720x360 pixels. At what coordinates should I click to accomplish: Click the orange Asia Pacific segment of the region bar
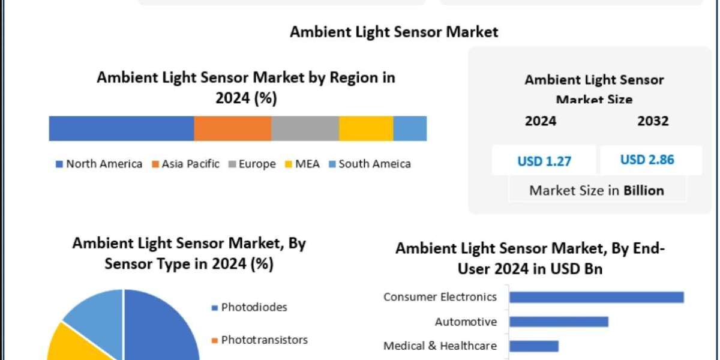(232, 128)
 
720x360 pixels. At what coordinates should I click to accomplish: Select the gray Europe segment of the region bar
(305, 128)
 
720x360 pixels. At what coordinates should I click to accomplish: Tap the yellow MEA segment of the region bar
(366, 128)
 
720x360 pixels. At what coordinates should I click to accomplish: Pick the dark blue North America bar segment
(121, 128)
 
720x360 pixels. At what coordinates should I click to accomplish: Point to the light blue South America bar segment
(410, 128)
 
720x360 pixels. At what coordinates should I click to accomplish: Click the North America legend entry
(99, 164)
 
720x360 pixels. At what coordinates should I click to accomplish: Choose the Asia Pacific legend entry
(185, 164)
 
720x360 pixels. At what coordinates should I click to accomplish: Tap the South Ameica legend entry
(370, 164)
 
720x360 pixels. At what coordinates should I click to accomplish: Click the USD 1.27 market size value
(544, 161)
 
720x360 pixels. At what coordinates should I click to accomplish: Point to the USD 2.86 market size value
(647, 160)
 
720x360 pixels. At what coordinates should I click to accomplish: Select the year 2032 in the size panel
(653, 121)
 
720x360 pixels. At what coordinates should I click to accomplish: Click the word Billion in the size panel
(644, 191)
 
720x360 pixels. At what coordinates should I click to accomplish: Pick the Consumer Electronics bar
(596, 297)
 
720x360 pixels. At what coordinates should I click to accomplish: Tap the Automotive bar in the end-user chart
(559, 322)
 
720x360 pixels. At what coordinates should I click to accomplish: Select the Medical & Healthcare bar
(534, 346)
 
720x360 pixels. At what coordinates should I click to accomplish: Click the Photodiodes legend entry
(250, 307)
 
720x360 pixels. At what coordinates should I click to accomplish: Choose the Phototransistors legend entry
(260, 340)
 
